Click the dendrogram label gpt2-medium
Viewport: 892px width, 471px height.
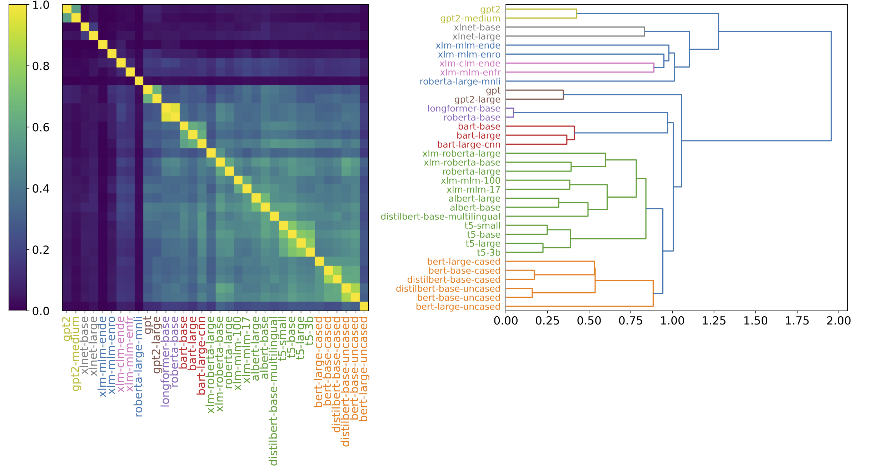point(470,19)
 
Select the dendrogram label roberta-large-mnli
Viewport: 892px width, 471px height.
point(460,81)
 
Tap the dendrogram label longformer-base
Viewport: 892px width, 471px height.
point(464,109)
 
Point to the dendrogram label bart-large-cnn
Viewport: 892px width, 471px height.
point(469,145)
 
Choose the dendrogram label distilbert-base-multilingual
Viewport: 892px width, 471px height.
point(440,217)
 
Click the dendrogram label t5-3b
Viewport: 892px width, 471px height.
point(488,253)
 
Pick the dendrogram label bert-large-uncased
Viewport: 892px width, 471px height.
point(458,307)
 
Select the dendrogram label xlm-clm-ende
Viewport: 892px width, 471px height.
point(470,64)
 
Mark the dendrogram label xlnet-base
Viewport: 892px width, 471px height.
point(477,28)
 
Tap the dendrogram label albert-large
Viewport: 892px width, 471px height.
point(474,199)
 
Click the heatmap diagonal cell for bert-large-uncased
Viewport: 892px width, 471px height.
point(364,306)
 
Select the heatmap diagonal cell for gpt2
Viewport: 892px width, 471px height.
point(67,9)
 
